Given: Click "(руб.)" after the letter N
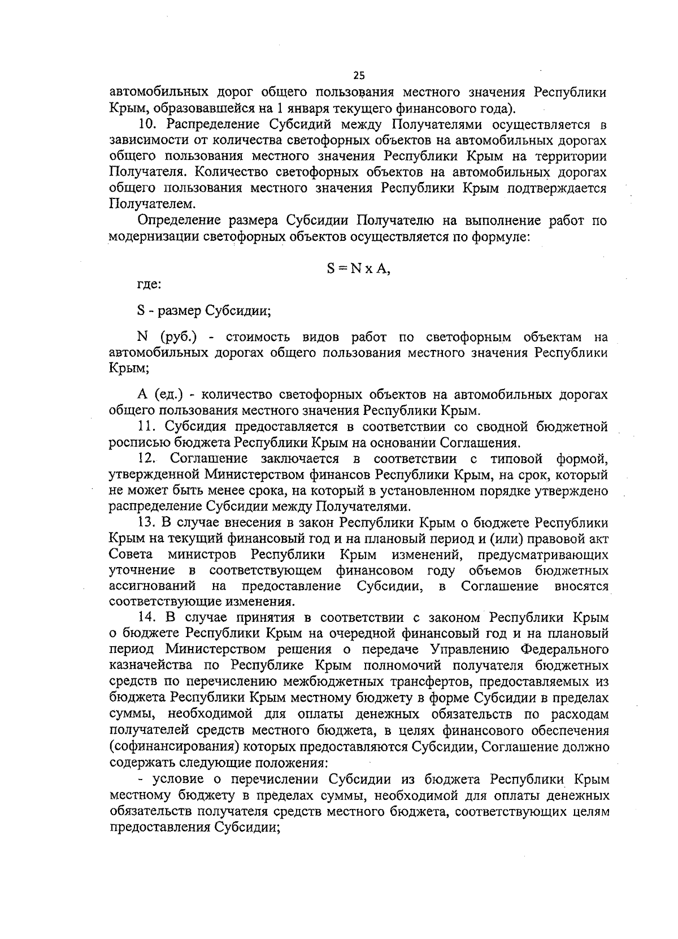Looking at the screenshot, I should click(178, 337).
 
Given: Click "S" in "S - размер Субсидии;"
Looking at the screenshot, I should click(141, 311).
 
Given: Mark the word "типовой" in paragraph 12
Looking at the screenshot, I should click(511, 457).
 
